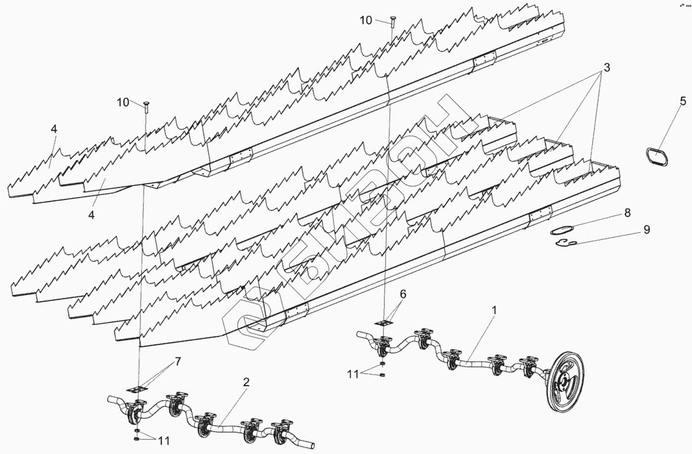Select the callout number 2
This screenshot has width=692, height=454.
point(246,382)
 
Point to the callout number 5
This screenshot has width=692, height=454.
point(683,101)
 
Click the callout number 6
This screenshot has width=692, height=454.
point(402,294)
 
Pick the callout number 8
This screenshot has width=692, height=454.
point(627,213)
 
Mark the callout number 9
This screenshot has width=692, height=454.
point(646,229)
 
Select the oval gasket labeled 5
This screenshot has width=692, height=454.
point(657,156)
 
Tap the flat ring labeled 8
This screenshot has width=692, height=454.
point(560,232)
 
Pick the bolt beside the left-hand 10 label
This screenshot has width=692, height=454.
point(146,106)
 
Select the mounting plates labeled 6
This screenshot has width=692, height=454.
point(386,322)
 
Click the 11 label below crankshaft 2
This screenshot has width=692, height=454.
point(164,442)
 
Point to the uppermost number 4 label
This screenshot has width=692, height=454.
point(54,129)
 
